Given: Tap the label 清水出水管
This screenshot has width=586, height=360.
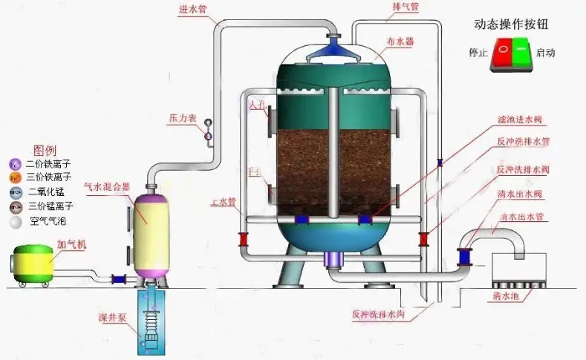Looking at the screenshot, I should pos(521,217).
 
